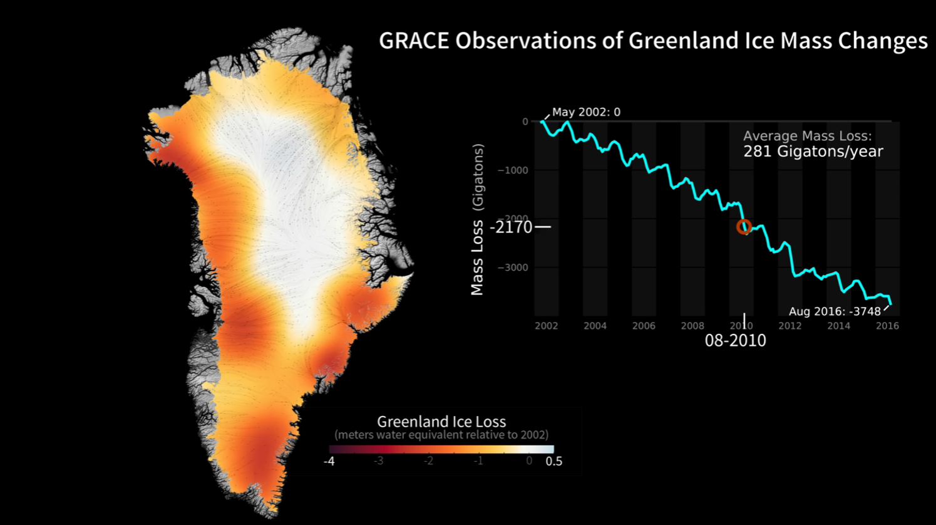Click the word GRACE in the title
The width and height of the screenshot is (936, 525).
(x=414, y=41)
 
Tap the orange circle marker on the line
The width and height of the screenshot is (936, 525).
(x=744, y=227)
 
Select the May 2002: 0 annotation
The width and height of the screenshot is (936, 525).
(x=586, y=112)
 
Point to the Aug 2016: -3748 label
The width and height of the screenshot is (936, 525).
(x=835, y=311)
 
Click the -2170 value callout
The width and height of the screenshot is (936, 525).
(x=511, y=227)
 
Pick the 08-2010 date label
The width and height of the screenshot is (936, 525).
(x=735, y=341)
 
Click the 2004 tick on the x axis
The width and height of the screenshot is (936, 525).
(x=595, y=326)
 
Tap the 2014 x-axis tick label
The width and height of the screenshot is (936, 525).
(x=838, y=326)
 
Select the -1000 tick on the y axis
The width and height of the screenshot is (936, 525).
(x=513, y=170)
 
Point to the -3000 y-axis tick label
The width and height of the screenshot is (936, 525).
(x=513, y=268)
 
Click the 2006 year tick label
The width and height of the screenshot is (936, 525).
(x=644, y=326)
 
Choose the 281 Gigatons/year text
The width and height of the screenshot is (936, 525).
(x=813, y=152)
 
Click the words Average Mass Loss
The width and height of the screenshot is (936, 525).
(x=807, y=136)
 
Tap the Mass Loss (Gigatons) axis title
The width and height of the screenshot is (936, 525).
(x=477, y=219)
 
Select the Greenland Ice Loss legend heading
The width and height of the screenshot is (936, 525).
(x=441, y=422)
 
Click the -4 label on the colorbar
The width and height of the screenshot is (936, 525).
(x=329, y=462)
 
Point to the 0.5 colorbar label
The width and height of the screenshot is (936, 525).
(x=553, y=462)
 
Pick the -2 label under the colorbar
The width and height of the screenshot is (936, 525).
(x=428, y=461)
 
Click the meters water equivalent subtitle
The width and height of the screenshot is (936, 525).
(x=441, y=435)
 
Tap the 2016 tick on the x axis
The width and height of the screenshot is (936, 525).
(x=887, y=326)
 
